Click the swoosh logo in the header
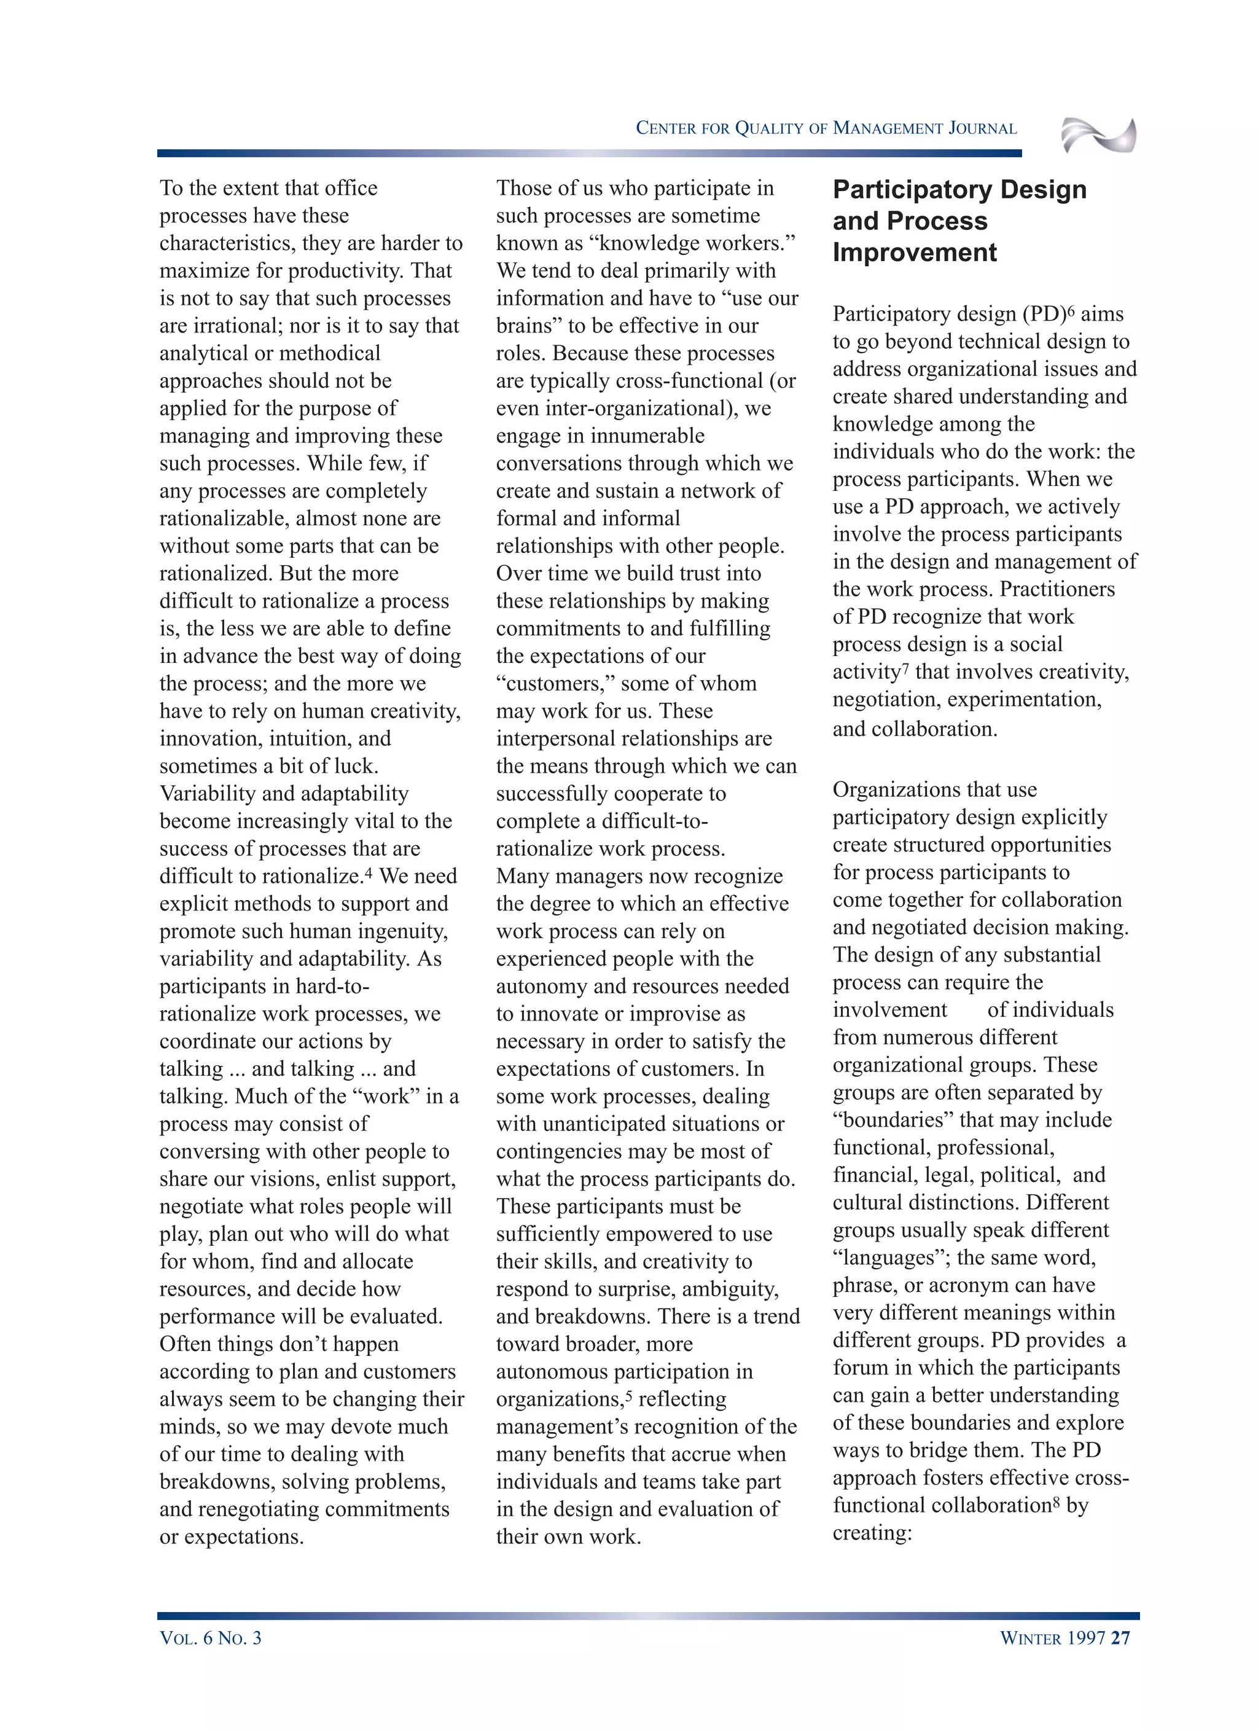(1098, 136)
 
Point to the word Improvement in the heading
(914, 252)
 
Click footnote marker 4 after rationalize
(369, 871)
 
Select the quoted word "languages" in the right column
(894, 1258)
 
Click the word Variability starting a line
(207, 793)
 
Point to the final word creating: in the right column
(872, 1533)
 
